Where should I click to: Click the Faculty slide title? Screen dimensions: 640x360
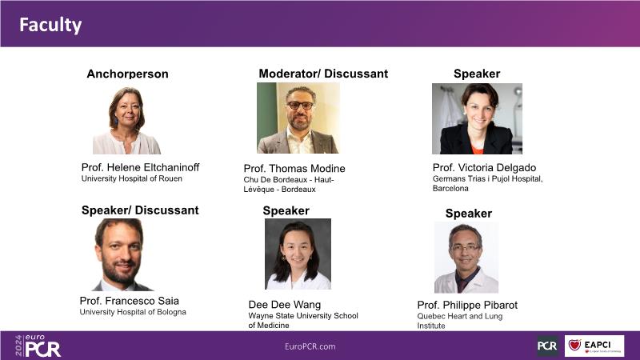pos(50,25)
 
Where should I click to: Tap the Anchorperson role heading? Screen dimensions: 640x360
pos(127,74)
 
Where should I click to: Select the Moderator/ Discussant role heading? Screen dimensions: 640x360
pos(323,74)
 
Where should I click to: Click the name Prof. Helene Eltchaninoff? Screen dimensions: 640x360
pos(141,167)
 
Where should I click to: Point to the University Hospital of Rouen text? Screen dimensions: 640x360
pos(132,178)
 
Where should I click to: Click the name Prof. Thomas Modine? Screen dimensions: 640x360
pos(294,169)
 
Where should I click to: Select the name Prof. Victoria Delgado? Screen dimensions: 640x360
pos(484,168)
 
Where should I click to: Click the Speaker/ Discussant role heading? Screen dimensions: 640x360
pos(140,210)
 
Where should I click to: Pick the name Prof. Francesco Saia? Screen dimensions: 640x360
pos(130,301)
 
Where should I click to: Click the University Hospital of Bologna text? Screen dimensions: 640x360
pos(133,312)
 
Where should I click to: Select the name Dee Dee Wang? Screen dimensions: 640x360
pos(285,305)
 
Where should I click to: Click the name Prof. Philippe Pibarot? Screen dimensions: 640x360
pos(467,306)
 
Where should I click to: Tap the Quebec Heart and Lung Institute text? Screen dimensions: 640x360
pos(460,321)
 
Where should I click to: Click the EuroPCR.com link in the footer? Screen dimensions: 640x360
pos(310,346)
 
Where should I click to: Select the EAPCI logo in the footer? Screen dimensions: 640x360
pos(594,346)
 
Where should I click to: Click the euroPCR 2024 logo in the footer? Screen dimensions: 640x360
pos(38,346)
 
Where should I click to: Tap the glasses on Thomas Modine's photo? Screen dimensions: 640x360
pos(300,106)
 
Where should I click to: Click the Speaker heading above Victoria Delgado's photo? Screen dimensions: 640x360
pos(477,74)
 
